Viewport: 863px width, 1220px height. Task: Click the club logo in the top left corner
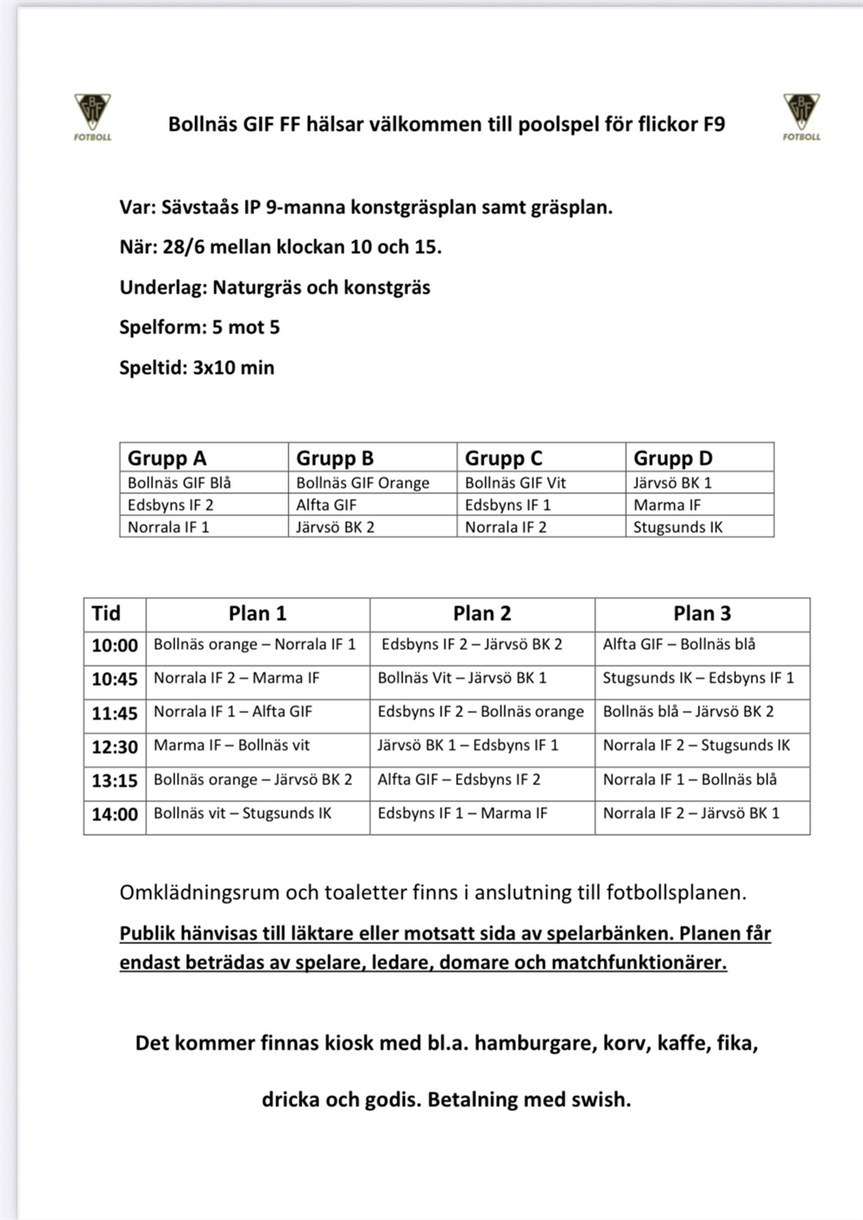pos(92,116)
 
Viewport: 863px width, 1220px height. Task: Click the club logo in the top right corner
pos(802,116)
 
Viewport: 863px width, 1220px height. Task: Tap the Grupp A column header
pos(167,458)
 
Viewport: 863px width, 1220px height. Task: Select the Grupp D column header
pos(673,458)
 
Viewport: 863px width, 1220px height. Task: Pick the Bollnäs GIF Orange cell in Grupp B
pos(362,482)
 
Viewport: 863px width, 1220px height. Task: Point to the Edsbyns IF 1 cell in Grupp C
pos(507,505)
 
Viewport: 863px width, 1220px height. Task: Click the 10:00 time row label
pos(115,645)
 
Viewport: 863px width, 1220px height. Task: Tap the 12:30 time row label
pos(115,747)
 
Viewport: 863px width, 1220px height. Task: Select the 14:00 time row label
pos(115,814)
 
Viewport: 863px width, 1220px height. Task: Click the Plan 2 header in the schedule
pos(482,613)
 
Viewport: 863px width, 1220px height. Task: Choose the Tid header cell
pos(106,613)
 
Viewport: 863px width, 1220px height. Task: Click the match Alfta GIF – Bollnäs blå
pos(679,644)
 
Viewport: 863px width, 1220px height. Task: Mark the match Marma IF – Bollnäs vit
pos(231,745)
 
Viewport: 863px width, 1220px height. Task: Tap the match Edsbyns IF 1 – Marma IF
pos(463,813)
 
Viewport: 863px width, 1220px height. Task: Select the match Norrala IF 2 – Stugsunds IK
pos(696,745)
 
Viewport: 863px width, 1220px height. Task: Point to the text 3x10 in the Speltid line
pos(214,368)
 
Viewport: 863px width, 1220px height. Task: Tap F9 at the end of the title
pos(714,124)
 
